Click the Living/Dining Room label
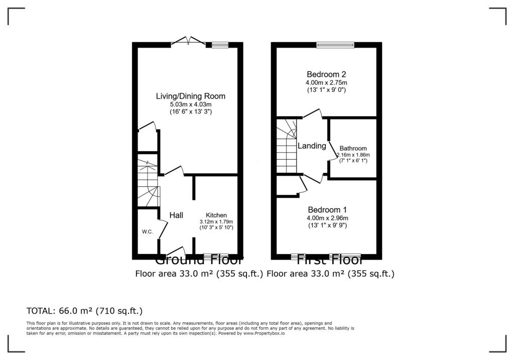coord(190,96)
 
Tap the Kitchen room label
coord(216,215)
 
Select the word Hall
coord(176,215)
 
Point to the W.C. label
coord(147,231)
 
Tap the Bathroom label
coord(353,149)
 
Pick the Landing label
coord(312,146)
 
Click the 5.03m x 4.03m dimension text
coord(190,104)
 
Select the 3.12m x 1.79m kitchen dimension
coord(216,221)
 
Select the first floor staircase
coord(287,146)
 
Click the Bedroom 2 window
coord(335,45)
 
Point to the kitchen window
coord(216,257)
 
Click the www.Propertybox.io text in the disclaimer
coord(263,333)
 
